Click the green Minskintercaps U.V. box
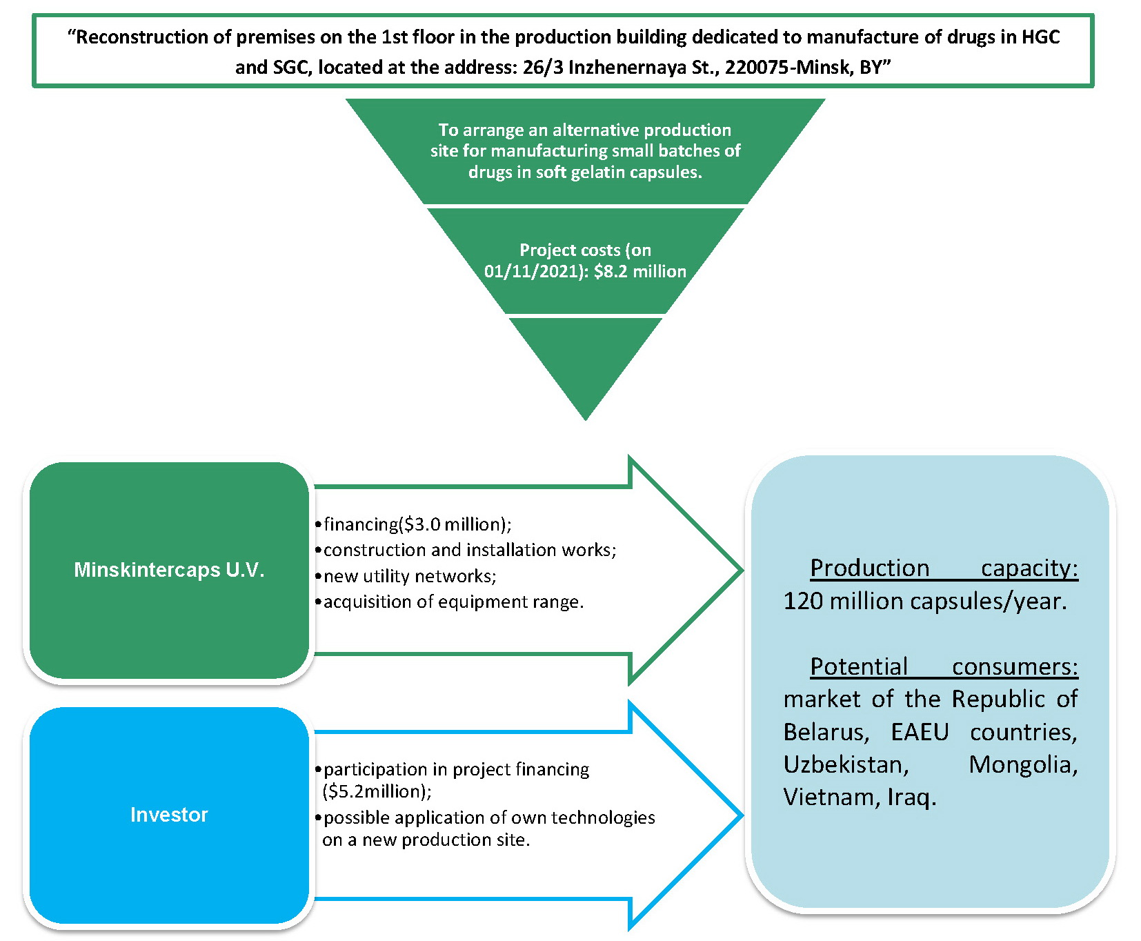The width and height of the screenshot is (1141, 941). coord(169,570)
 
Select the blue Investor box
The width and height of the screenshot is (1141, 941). coord(169,815)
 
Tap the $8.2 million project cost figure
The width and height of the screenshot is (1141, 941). coord(639,271)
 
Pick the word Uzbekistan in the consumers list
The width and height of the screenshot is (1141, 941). coord(846,764)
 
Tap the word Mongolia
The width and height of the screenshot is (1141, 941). coord(1022,764)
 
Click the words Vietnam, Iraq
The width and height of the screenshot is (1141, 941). coord(860,797)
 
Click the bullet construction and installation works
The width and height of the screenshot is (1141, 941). coord(469,550)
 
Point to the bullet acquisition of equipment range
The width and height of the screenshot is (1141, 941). coord(453,602)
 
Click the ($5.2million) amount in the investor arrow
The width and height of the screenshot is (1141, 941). coord(376,791)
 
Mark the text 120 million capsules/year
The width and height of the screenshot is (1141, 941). coord(924,601)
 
